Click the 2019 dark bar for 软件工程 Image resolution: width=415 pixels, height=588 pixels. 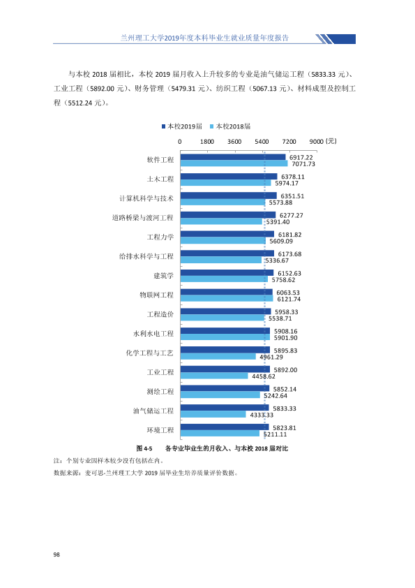[233, 157]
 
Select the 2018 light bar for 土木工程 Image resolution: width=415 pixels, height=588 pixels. [226, 183]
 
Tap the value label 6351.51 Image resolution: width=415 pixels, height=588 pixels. [292, 196]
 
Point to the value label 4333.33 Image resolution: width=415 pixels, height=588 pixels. [262, 415]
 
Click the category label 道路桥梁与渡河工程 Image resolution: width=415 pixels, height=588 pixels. [143, 218]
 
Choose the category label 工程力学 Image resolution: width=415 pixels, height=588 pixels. [160, 237]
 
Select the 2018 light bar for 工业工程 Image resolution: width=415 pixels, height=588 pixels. [214, 376]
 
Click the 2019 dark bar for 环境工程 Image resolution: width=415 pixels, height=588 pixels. [225, 427]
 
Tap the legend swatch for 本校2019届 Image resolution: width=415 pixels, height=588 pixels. [163, 127]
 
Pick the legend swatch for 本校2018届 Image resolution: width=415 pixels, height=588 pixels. [212, 127]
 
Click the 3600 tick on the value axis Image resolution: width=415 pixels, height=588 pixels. [234, 141]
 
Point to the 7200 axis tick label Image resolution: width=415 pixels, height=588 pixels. [289, 141]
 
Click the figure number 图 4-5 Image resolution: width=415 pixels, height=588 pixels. [144, 448]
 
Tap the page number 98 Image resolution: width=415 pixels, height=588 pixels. [56, 554]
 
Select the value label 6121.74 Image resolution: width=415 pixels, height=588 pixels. [289, 300]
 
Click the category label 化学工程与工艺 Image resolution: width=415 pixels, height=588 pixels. [150, 353]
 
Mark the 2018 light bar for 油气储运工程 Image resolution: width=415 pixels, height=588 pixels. [213, 414]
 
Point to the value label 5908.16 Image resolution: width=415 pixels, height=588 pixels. [286, 332]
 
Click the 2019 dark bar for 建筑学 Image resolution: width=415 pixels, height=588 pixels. [227, 272]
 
